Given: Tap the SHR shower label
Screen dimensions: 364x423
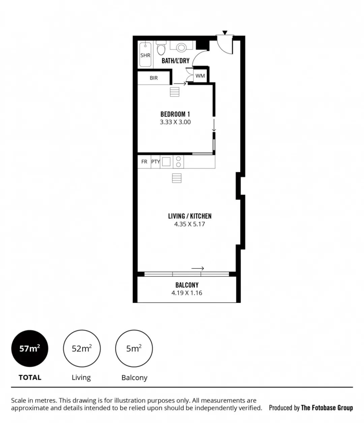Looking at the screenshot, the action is coord(145,55).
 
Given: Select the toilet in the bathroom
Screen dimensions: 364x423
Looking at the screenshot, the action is coord(161,48).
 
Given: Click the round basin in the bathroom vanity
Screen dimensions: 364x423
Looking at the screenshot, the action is coord(181,47).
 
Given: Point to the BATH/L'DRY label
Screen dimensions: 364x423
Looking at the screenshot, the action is coord(176,61).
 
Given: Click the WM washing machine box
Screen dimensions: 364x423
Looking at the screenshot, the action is coord(200,76).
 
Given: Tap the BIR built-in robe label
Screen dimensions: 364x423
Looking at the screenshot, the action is coord(154,78).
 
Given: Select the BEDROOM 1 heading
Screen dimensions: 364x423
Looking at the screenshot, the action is coord(175,114).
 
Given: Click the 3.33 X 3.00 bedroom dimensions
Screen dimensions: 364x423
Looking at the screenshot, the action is coord(175,122).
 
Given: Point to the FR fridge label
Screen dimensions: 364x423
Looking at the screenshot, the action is coord(144,162).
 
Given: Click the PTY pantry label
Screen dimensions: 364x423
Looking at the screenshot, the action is coord(155,162).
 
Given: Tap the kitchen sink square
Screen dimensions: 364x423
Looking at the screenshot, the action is coord(166,162).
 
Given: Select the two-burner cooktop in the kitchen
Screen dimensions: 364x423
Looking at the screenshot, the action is coord(178,162).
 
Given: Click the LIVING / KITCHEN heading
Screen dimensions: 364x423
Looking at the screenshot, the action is coord(190,216).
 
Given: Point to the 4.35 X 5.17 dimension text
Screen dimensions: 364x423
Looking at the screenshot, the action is coord(189,224).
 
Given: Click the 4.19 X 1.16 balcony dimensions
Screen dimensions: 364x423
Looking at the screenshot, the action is coord(187,293).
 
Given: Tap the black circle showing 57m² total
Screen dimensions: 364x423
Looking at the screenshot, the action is coord(30,349).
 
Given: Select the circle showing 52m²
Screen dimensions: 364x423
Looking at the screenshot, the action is coord(82,349).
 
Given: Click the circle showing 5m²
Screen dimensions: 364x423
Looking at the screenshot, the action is coord(134,349).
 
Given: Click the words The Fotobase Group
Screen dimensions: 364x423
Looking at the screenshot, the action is coord(327,408).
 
